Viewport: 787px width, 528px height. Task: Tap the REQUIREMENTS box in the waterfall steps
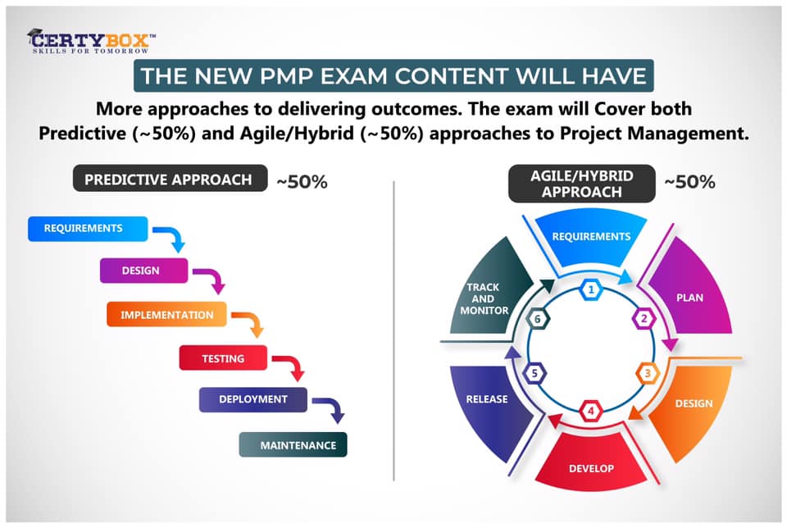point(88,228)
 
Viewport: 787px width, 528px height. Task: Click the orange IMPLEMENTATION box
point(167,315)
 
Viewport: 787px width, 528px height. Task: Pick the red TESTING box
point(223,358)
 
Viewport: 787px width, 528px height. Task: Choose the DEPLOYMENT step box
point(252,399)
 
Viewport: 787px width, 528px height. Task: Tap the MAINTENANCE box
point(293,445)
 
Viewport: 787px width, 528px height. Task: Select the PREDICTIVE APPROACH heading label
point(171,179)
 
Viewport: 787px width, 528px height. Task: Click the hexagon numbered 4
point(590,409)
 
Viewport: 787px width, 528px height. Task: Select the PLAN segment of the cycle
point(691,296)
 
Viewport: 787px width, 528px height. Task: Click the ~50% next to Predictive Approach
point(302,182)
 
